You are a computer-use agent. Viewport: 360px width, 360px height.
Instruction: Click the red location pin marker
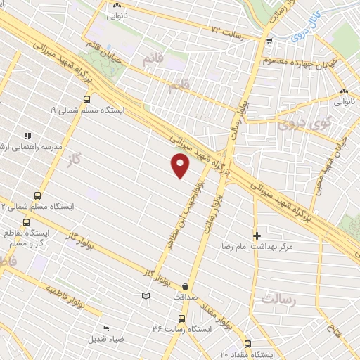pos(181,165)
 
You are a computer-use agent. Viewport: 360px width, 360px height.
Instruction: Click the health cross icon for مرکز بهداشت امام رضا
pos(257,236)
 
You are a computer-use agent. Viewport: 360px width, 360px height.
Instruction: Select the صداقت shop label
pos(184,297)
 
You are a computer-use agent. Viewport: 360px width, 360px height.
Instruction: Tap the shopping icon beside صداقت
pos(185,286)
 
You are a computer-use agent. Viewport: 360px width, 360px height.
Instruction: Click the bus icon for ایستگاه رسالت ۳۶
pos(183,319)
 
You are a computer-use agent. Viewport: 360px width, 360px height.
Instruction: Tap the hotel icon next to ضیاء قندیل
pos(105,328)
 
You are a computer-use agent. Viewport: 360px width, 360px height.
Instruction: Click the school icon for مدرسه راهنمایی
pos(27,136)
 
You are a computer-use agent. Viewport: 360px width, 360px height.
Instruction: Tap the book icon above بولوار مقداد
pos(146,296)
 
